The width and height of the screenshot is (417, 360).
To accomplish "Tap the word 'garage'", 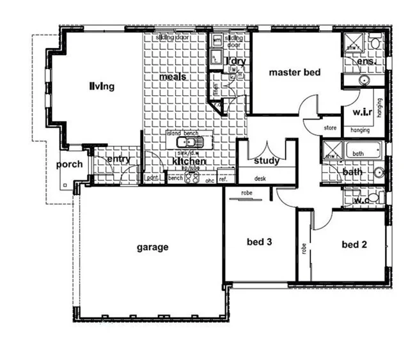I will click(x=152, y=247).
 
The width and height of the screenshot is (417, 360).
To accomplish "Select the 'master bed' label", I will click(x=294, y=72).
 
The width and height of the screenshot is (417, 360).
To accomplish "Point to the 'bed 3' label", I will click(x=260, y=242).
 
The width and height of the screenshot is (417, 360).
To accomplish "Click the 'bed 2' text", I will click(x=355, y=244).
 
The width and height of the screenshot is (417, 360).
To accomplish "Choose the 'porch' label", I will click(x=69, y=164).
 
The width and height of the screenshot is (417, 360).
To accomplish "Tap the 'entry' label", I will click(x=118, y=159).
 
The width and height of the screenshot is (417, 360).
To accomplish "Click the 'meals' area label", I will click(x=173, y=77).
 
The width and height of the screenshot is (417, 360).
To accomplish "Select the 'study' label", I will click(x=266, y=160).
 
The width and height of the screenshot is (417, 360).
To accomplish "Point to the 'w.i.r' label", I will click(x=362, y=113).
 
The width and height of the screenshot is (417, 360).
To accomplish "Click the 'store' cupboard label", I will click(x=330, y=128).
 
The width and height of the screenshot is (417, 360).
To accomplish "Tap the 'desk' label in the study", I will click(x=260, y=179).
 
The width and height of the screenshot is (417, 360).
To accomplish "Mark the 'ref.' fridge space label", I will click(x=224, y=180).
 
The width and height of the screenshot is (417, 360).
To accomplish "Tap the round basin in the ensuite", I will click(x=363, y=81).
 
